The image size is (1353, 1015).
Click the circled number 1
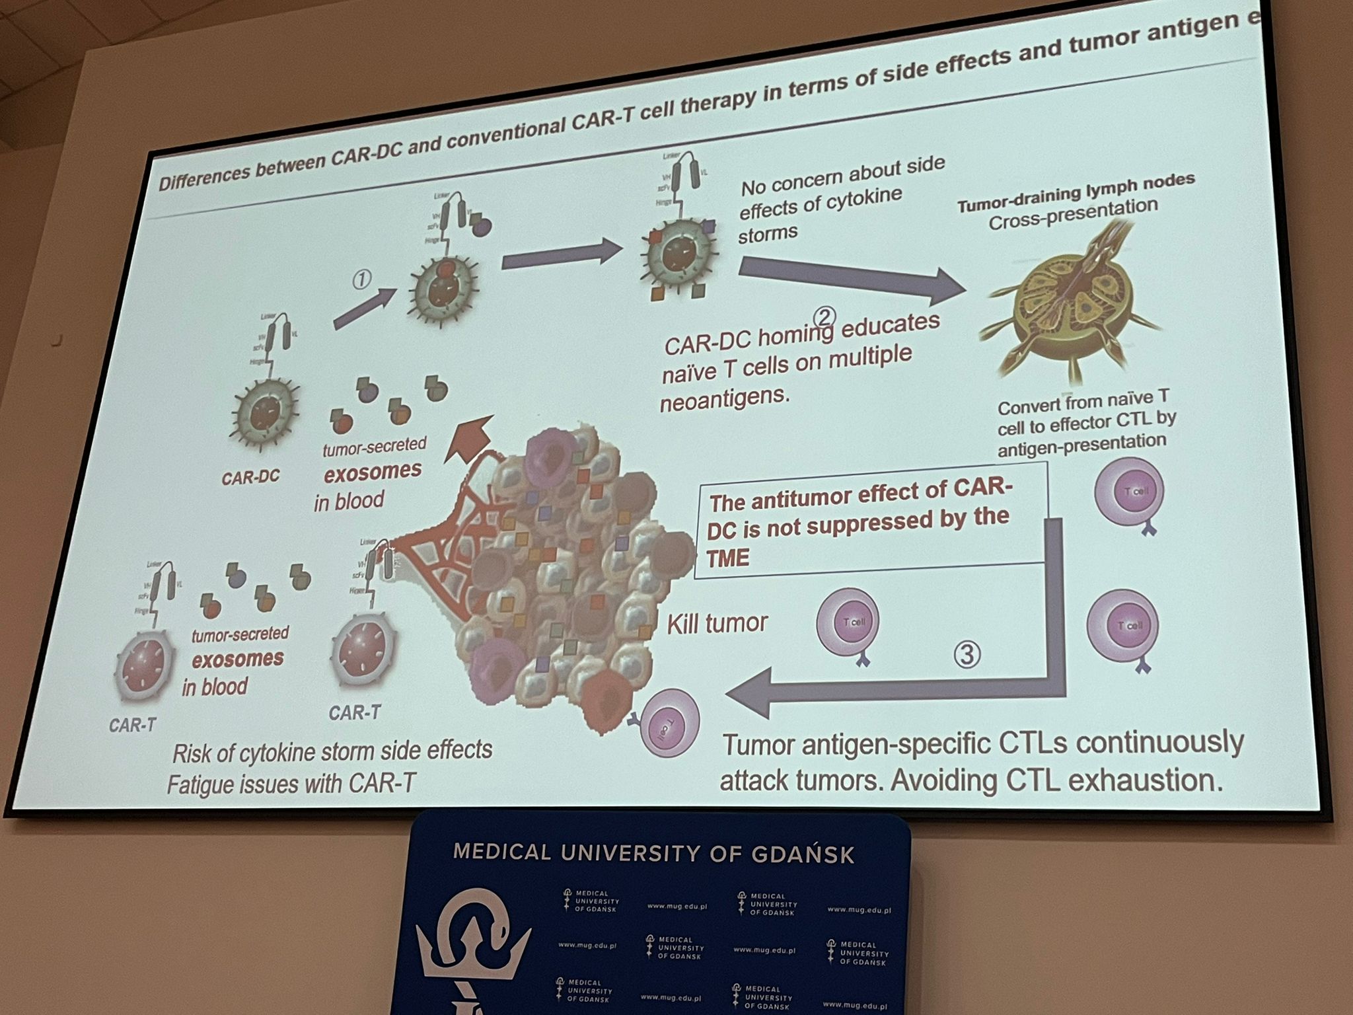tap(361, 280)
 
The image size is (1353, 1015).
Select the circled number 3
tap(967, 654)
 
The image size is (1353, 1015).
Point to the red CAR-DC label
tap(250, 476)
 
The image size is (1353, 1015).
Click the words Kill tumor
tap(717, 623)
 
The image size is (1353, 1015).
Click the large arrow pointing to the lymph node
tap(852, 278)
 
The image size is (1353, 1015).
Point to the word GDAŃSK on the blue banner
tap(803, 854)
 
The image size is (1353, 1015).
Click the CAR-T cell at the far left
tap(144, 665)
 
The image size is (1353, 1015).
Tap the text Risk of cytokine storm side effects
tap(332, 751)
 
